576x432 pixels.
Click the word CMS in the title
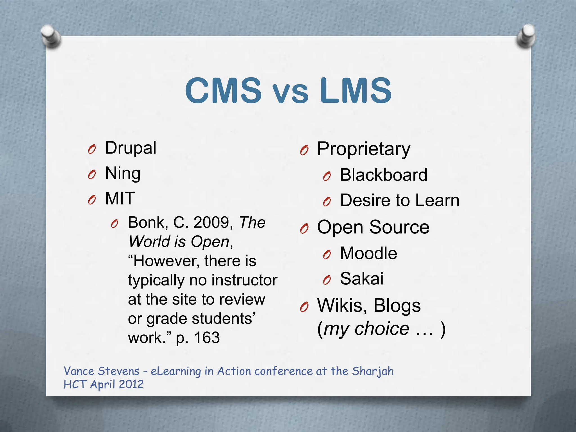tap(224, 91)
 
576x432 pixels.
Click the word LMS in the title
tap(355, 91)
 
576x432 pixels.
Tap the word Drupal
tap(130, 148)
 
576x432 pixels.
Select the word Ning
tap(123, 173)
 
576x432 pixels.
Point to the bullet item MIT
tap(120, 199)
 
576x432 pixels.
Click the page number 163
tap(207, 337)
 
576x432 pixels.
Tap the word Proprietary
tap(363, 149)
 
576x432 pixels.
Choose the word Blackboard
tap(383, 175)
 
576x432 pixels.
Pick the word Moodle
tap(368, 253)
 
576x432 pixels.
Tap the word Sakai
tap(362, 278)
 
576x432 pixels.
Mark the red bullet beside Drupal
tap(92, 150)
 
